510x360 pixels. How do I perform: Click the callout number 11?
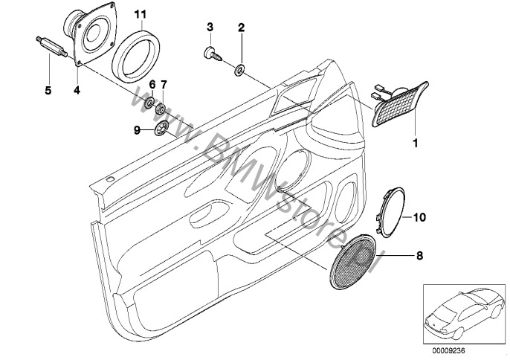pos(141,14)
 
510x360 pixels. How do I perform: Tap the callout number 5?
pos(48,90)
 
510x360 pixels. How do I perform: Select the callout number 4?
pos(77,90)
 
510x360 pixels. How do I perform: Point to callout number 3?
pos(210,27)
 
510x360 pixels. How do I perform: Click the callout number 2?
pos(241,28)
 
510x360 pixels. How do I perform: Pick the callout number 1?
pos(415,143)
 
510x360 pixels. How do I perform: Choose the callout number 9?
pos(137,130)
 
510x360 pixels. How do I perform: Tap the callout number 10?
pos(419,217)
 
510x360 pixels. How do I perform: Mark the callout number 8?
pos(420,256)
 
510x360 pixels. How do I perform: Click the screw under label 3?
pos(213,54)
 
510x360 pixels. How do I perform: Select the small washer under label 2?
pos(240,70)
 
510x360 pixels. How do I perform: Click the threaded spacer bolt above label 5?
pos(51,47)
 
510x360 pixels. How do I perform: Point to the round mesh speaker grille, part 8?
pos(353,261)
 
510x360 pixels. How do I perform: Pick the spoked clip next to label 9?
pos(161,128)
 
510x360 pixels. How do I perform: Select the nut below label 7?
pos(161,109)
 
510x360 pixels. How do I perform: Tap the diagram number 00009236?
pos(448,350)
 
